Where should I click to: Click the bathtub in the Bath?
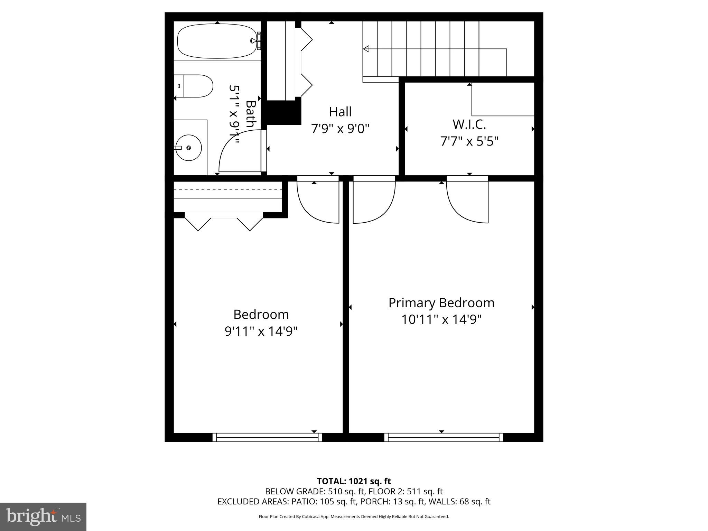click(x=217, y=41)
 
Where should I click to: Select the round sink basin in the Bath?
click(x=188, y=148)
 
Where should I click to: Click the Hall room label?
click(x=340, y=112)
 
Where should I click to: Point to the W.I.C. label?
click(x=469, y=124)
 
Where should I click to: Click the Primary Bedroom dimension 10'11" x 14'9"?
click(x=441, y=319)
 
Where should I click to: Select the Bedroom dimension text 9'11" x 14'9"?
click(x=261, y=331)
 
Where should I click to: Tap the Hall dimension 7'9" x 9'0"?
click(x=340, y=129)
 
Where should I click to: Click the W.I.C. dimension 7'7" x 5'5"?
click(x=469, y=141)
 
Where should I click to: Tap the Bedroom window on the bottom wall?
click(x=267, y=437)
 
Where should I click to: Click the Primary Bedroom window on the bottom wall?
click(x=444, y=437)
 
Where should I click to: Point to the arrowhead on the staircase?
click(x=366, y=49)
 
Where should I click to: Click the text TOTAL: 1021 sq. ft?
click(x=354, y=481)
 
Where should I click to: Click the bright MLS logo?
click(x=43, y=516)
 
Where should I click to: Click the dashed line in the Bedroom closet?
click(x=227, y=190)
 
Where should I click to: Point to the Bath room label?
click(x=251, y=114)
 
